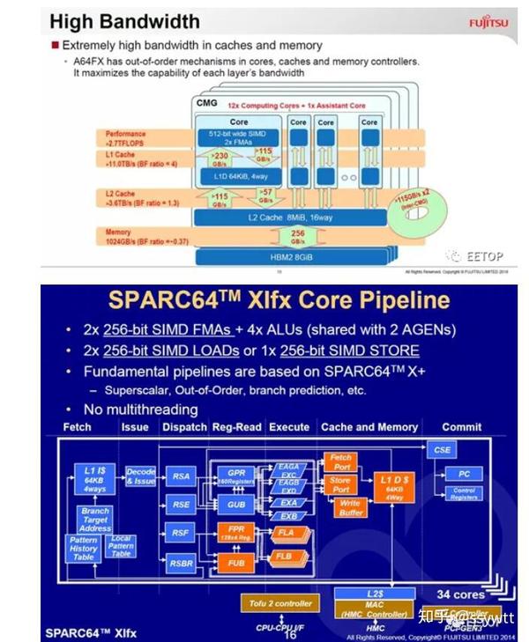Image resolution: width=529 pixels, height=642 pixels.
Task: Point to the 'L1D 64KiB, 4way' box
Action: (239, 176)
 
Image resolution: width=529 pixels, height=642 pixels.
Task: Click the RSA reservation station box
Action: (182, 476)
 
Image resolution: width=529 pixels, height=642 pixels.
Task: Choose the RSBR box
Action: (182, 564)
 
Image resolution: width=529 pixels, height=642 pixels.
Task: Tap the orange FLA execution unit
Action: (285, 534)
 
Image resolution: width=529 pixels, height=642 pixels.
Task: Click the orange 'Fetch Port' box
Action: (340, 460)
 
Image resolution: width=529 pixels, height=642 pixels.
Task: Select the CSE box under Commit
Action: (442, 450)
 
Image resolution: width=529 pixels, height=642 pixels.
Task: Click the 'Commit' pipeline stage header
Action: (462, 426)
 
